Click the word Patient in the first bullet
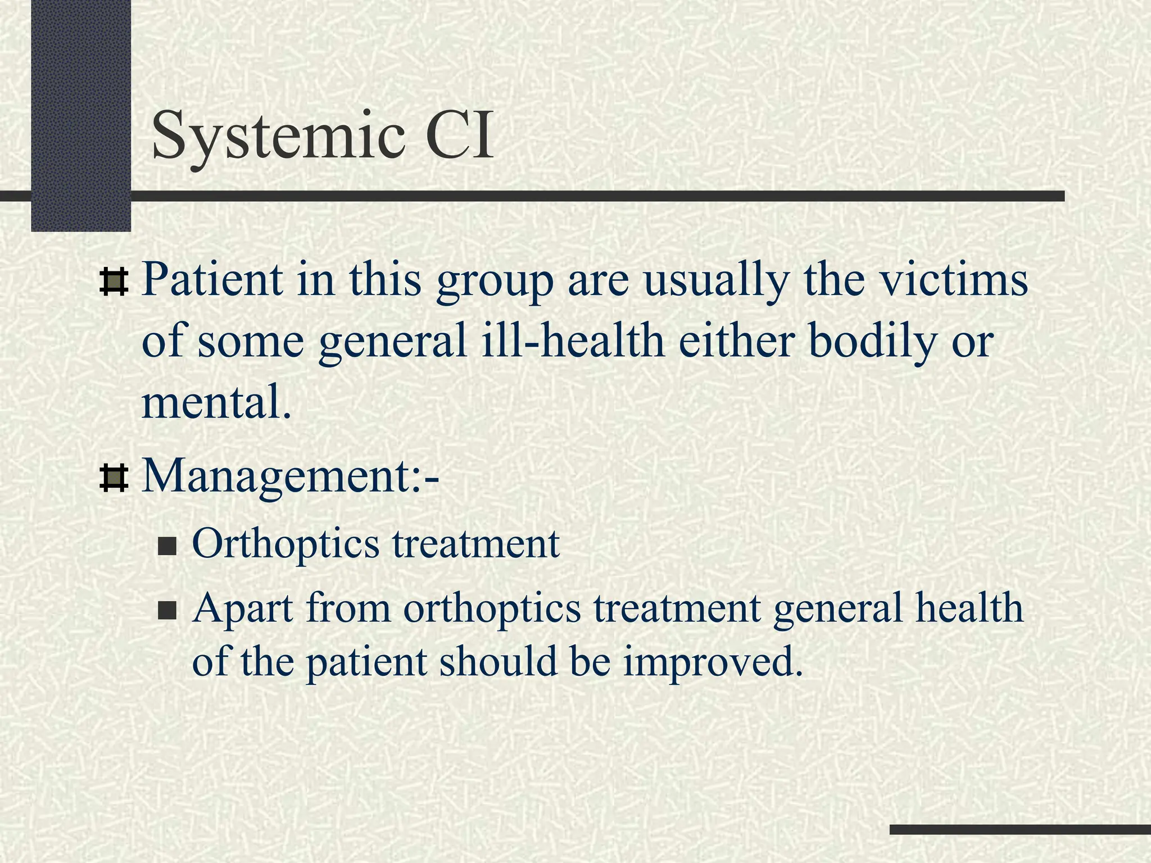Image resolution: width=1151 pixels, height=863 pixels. click(212, 279)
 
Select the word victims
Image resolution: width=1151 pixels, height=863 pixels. click(954, 279)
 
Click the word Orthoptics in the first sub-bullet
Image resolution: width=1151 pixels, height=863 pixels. click(286, 545)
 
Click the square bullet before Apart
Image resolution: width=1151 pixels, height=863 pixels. click(167, 610)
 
